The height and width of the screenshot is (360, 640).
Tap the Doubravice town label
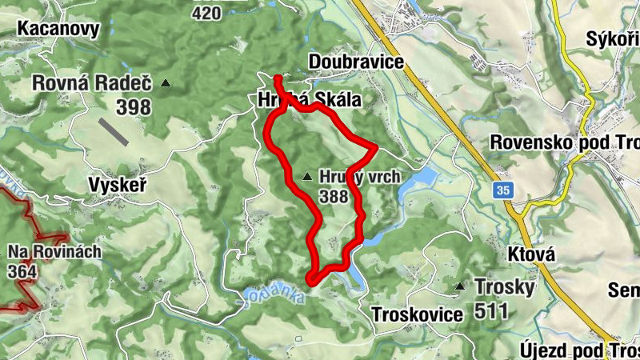(355, 62)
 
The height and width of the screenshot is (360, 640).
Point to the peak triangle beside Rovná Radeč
(166, 82)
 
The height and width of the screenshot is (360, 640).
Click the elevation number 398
(134, 106)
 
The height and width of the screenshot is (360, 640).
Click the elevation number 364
(26, 272)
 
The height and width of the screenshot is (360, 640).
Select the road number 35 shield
(502, 190)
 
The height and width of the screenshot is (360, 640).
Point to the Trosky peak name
(505, 286)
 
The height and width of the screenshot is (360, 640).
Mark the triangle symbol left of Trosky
(460, 286)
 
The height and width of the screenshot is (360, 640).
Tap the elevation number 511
(490, 310)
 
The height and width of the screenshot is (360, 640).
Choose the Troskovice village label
(417, 315)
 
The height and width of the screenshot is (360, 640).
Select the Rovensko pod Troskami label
(565, 141)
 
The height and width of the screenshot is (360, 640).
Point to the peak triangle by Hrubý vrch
(308, 176)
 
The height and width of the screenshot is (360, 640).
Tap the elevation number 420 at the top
(206, 12)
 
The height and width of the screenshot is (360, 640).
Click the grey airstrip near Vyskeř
(115, 132)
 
